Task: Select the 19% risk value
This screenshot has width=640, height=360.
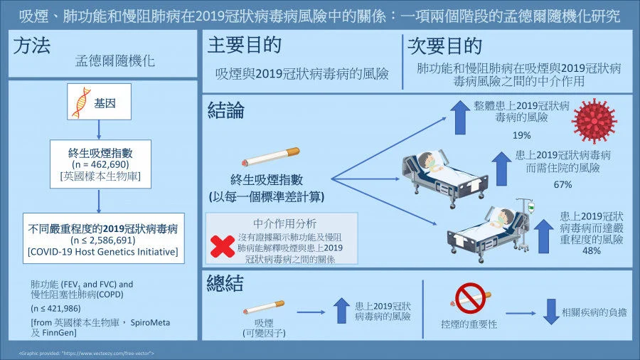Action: click(522, 135)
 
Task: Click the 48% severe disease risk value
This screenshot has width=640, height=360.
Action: click(590, 250)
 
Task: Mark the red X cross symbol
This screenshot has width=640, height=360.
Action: click(223, 246)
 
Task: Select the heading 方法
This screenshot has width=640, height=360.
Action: click(32, 47)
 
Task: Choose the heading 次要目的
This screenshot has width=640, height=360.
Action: click(445, 46)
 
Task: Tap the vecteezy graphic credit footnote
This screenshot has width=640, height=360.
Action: click(85, 353)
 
